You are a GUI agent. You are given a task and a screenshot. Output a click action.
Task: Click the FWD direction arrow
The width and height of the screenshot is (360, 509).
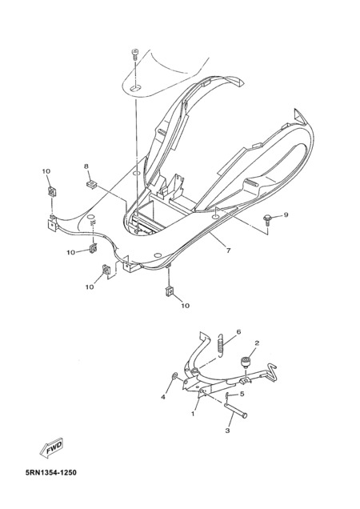(x=51, y=448)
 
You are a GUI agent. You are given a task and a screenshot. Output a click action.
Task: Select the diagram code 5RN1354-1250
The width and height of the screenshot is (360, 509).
(x=51, y=472)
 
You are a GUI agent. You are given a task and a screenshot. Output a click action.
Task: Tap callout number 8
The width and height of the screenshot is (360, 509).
(x=86, y=166)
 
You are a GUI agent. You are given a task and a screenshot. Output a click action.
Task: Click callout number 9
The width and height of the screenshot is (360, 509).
(x=286, y=215)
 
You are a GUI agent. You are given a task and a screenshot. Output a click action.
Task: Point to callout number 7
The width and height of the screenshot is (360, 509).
(x=228, y=250)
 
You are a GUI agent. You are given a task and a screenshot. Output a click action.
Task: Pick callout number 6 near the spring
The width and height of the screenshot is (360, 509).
(x=238, y=332)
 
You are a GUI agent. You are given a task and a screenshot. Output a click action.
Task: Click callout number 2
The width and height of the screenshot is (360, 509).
(x=257, y=343)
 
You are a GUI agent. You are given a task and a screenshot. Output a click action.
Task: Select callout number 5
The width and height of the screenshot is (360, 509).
(x=242, y=394)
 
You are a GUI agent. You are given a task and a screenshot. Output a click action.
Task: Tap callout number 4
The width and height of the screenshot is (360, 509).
(x=163, y=397)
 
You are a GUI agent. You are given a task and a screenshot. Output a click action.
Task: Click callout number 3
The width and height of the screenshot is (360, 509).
(x=227, y=431)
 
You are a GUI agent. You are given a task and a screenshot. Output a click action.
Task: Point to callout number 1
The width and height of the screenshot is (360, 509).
(x=193, y=414)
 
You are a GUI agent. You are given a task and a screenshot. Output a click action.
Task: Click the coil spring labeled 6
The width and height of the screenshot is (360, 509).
(x=221, y=346)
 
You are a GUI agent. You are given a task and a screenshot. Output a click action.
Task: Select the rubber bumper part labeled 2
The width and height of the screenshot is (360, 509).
(x=245, y=362)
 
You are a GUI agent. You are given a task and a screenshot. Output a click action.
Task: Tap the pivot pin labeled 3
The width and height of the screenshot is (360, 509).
(x=235, y=409)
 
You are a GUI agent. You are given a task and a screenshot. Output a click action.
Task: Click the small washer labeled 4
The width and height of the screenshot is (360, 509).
(x=174, y=376)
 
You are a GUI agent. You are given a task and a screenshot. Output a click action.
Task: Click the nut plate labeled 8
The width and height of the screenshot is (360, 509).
(x=92, y=184)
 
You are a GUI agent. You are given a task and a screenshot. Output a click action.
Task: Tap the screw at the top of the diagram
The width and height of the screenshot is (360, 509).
(x=134, y=54)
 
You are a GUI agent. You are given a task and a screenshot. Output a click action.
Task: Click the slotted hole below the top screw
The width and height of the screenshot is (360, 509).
(x=136, y=87)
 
